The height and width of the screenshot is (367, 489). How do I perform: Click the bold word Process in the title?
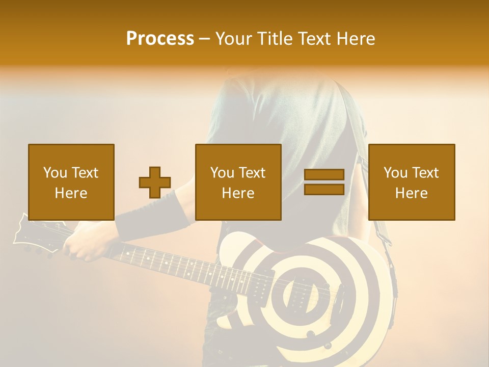pos(160,39)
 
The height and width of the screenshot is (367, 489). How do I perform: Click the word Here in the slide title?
pos(355,39)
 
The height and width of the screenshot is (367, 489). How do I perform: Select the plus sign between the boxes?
pos(155,182)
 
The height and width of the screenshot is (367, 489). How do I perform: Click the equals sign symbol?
pos(324,182)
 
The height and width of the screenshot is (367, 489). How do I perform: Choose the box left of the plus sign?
pos(71,182)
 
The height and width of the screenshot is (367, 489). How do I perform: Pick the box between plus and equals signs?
pos(238,182)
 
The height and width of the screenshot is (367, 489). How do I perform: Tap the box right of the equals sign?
pos(412,182)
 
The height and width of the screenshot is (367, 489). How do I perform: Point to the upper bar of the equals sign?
pos(324,175)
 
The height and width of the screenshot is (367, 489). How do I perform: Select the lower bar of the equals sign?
pos(324,189)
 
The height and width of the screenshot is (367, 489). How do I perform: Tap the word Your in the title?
pos(234,39)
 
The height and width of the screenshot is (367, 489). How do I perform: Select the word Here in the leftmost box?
pos(71,193)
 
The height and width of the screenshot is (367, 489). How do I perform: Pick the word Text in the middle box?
pos(252,173)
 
